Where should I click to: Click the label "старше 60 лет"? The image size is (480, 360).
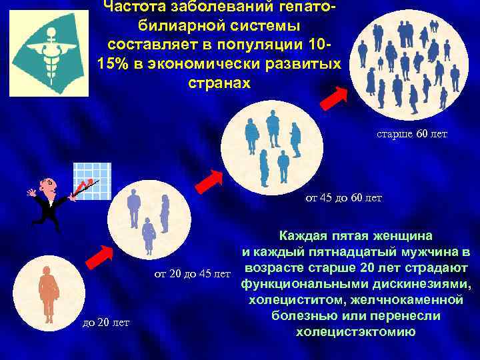point(412,135)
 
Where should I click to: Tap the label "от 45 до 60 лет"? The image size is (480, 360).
point(343,198)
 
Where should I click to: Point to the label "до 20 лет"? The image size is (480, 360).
point(105,323)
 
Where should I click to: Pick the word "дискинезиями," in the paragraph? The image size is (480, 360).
point(420,285)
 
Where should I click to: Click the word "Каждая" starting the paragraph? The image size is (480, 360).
point(302,235)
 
